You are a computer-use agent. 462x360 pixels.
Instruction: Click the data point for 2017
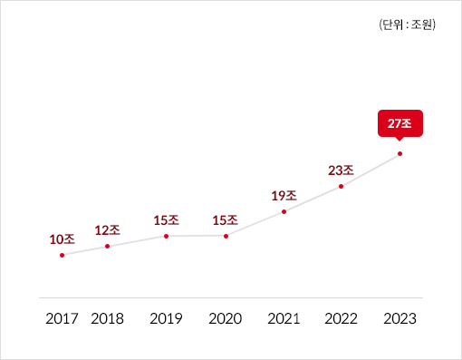(x=62, y=255)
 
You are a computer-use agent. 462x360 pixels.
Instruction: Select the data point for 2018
(x=108, y=246)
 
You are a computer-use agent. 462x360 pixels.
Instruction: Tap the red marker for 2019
(x=167, y=236)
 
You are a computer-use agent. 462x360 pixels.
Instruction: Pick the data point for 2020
(x=226, y=236)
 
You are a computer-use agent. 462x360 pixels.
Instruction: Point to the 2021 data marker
(x=284, y=211)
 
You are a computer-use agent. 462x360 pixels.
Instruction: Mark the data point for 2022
(x=341, y=186)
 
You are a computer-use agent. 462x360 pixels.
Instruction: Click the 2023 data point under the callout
(x=399, y=153)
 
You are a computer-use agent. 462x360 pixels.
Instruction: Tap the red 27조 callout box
(x=399, y=123)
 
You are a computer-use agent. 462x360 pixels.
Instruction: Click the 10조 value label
(x=62, y=239)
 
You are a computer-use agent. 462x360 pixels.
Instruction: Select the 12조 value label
(x=108, y=230)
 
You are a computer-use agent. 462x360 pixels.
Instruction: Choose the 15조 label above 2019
(x=167, y=219)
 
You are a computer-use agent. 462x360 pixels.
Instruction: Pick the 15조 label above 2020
(x=226, y=219)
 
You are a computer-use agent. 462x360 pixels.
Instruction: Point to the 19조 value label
(x=284, y=195)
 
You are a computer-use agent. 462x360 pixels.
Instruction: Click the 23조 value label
(x=341, y=170)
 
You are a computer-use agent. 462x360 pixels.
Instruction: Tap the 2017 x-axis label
(x=62, y=318)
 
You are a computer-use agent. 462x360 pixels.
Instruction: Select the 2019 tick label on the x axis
(x=167, y=318)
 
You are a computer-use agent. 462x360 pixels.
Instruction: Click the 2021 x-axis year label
(x=284, y=318)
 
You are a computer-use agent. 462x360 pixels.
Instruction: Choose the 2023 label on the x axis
(x=399, y=318)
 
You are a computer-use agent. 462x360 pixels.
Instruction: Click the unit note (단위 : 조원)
(x=408, y=24)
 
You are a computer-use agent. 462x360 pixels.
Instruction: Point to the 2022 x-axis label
(x=341, y=318)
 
